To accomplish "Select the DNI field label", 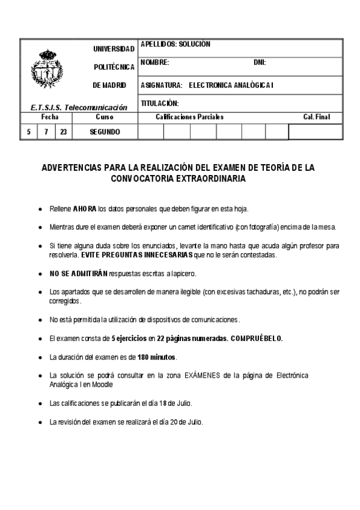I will point(260,63).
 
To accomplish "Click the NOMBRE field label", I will point(154,63).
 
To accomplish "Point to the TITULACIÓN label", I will point(159,103).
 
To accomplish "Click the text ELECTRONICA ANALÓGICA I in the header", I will point(231,85).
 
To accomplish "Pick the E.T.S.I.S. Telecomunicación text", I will point(79,107).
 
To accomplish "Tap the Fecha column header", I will point(49,117).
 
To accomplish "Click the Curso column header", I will point(105,117).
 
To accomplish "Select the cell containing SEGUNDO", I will point(105,132).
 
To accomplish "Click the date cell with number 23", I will point(64,132).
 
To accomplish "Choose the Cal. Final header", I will point(317,117).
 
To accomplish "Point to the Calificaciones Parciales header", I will point(189,117).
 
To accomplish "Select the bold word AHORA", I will point(85,209).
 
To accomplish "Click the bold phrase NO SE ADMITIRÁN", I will point(78,274).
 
